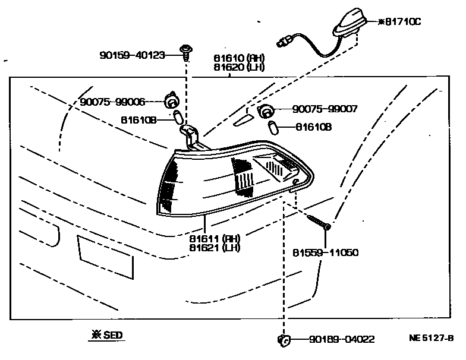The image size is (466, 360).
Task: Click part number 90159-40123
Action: [x=132, y=56]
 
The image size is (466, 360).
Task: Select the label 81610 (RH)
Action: [x=239, y=59]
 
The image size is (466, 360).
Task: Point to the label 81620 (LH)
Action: [x=239, y=68]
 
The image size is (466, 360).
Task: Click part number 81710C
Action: [x=411, y=22]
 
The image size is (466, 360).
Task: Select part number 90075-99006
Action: [x=112, y=102]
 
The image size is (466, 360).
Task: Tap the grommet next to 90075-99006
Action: [x=173, y=102]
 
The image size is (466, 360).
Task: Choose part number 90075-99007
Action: [x=325, y=109]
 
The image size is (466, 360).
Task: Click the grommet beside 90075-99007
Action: [x=265, y=110]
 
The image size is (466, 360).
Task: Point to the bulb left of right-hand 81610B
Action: [x=275, y=127]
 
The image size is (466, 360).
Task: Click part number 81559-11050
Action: [x=325, y=252]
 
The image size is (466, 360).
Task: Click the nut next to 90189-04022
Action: [x=284, y=339]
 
